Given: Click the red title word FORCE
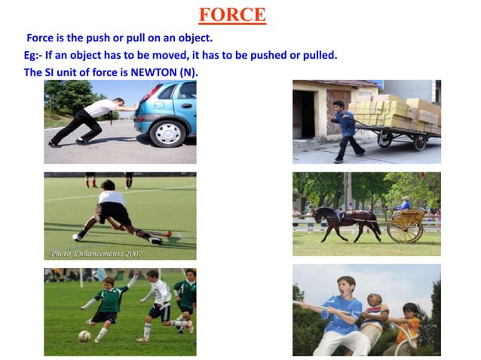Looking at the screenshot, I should point(231,14).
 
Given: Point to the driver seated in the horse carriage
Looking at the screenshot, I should point(404,204).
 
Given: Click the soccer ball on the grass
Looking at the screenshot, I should point(84,336).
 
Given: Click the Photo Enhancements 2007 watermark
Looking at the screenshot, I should point(87,253).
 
